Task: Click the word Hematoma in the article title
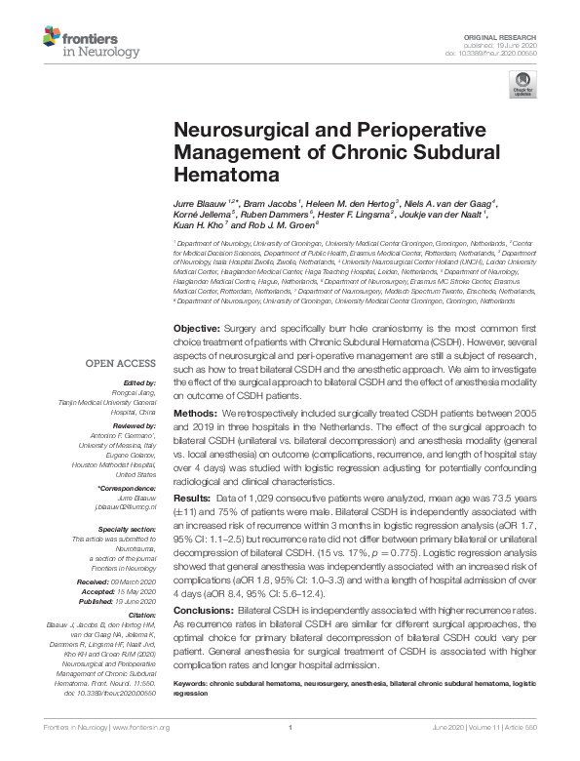pos(213,177)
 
